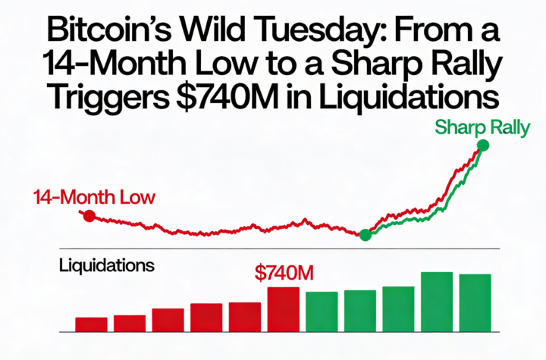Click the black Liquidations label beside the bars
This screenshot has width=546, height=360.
pos(107,266)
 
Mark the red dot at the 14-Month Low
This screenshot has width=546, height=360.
pos(89,216)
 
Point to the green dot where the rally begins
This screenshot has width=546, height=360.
pos(365,235)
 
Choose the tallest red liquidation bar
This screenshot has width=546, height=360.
pos(283,309)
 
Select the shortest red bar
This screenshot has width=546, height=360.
pos(91,324)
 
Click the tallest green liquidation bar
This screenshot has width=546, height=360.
pos(437,302)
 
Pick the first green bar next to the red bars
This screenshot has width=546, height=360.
pos(322,311)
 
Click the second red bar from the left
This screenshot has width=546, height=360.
pos(130,324)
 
